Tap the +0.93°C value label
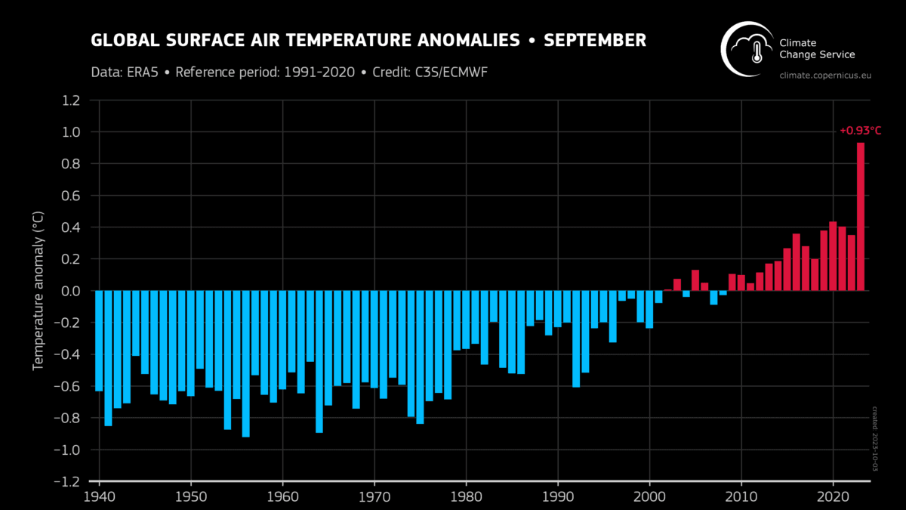point(860,131)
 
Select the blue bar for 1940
point(99,341)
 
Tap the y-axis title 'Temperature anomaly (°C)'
point(38,291)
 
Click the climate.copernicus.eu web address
point(824,76)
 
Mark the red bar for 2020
point(833,256)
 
